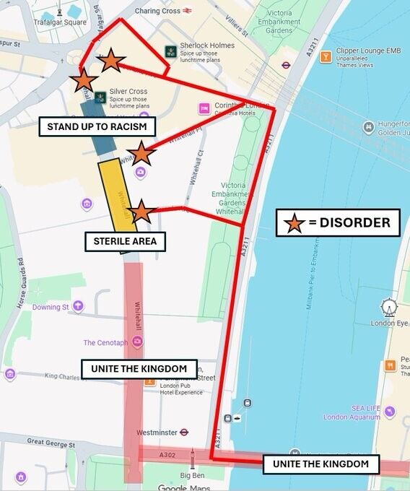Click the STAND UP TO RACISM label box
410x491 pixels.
coord(97,127)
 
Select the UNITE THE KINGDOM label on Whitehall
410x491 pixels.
coord(139,368)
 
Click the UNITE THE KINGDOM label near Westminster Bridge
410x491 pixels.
coord(320,464)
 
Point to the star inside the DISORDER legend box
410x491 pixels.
coord(294,223)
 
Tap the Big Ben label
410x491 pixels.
coord(192,476)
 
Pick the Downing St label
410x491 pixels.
coord(51,307)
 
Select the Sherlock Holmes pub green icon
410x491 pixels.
coord(170,51)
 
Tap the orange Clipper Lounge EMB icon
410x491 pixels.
coord(326,56)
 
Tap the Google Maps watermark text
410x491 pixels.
coord(186,487)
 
